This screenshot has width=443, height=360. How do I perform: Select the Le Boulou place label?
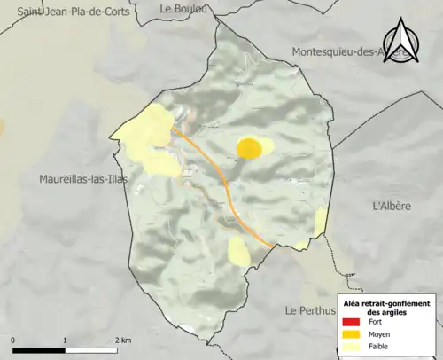point(183,8)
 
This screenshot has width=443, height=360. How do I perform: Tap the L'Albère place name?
point(392,206)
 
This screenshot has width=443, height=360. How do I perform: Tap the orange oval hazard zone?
point(249,148)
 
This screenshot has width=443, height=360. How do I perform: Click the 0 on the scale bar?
point(13,340)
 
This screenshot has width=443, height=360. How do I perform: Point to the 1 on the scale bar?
point(65,340)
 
